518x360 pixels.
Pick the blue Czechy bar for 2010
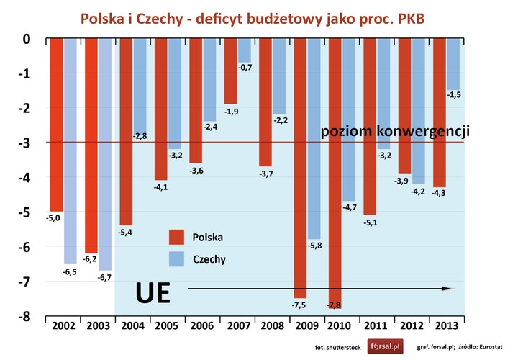(349, 119)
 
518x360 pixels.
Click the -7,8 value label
(335, 305)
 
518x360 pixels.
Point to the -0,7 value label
(245, 67)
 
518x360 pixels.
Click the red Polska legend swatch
(178, 237)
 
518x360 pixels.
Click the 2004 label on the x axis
(132, 326)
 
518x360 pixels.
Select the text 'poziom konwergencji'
(395, 132)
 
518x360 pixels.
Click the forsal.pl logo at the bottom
(385, 346)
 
